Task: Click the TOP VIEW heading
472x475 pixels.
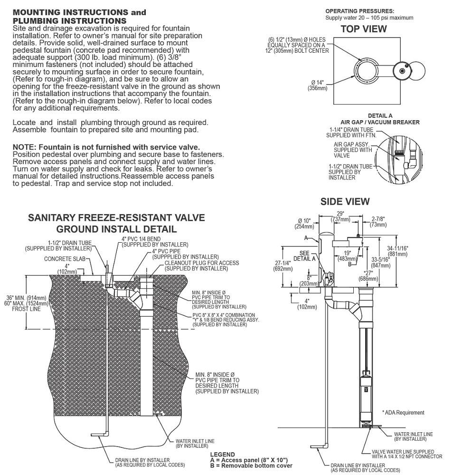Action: pyautogui.click(x=364, y=29)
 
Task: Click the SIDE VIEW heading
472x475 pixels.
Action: pyautogui.click(x=345, y=202)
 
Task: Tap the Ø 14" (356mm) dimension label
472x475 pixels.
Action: pyautogui.click(x=318, y=85)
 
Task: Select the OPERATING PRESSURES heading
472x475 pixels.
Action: pyautogui.click(x=359, y=11)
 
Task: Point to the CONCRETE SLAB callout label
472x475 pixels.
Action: pyautogui.click(x=65, y=259)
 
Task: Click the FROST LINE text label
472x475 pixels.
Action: pyautogui.click(x=26, y=309)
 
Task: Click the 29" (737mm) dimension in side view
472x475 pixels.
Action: pyautogui.click(x=340, y=217)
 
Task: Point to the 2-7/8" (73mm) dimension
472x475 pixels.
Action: pyautogui.click(x=378, y=222)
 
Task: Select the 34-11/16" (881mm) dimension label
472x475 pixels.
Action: pyautogui.click(x=397, y=251)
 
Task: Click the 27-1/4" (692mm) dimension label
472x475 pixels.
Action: pyautogui.click(x=283, y=266)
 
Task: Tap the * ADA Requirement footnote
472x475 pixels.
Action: pyautogui.click(x=403, y=413)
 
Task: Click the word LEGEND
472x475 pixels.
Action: pyautogui.click(x=222, y=455)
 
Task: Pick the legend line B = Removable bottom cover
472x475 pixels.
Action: pyautogui.click(x=251, y=465)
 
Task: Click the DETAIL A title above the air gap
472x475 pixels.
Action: pyautogui.click(x=380, y=116)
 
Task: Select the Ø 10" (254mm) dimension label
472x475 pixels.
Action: pyautogui.click(x=304, y=224)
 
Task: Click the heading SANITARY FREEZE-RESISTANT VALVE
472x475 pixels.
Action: pyautogui.click(x=116, y=218)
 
